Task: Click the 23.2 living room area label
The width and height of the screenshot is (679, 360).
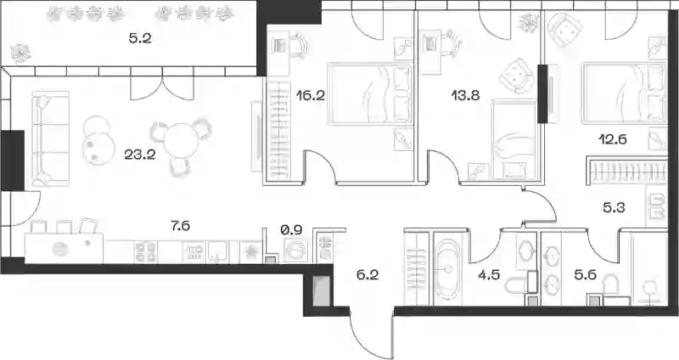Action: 140,155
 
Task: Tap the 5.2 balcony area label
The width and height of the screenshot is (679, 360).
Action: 140,39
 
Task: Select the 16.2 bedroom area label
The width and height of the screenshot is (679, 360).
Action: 310,95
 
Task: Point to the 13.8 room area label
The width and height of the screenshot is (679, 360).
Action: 465,95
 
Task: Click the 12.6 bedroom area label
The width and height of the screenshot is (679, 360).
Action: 613,139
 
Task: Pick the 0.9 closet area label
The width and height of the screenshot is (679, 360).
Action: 291,230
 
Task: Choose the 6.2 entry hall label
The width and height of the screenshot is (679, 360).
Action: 368,274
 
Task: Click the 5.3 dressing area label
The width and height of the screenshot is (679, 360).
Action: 614,208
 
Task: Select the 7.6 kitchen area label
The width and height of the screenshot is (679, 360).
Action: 180,226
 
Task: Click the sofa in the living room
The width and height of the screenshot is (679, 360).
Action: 50,138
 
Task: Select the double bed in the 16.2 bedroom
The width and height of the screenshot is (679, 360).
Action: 370,94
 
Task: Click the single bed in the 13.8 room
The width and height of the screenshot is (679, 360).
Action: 514,139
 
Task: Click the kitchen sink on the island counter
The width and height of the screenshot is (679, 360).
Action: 60,249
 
